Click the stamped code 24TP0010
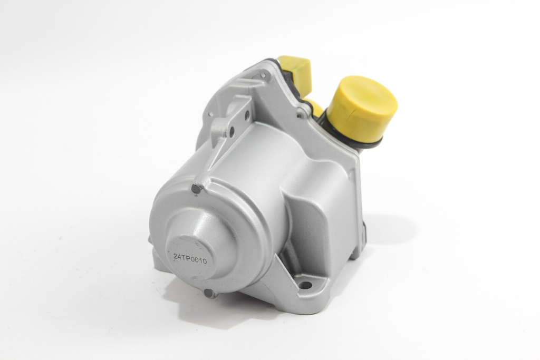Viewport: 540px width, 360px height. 190,258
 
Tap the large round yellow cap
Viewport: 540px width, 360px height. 361,106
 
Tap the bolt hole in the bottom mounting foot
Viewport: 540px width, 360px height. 304,285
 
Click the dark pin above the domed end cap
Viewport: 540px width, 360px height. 197,189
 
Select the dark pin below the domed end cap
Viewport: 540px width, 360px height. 209,293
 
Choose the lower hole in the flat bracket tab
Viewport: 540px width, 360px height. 232,131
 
